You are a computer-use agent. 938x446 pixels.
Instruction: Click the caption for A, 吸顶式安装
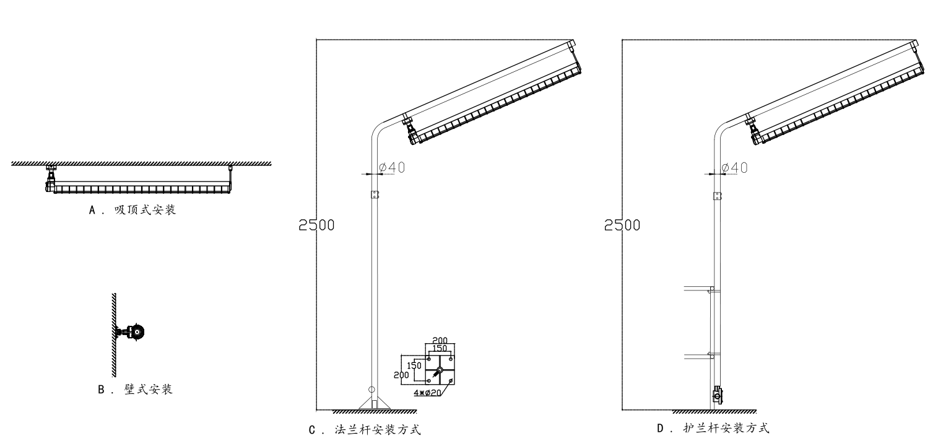[133, 210]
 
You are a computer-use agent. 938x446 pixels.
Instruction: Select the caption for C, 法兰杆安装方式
[365, 429]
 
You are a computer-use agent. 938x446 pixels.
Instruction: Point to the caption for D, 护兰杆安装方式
[713, 428]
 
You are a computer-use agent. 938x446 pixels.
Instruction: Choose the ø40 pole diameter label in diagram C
[392, 167]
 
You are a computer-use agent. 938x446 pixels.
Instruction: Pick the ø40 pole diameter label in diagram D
[735, 167]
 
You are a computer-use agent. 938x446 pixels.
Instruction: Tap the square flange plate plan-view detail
[439, 370]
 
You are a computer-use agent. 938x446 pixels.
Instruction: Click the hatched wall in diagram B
[114, 334]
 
